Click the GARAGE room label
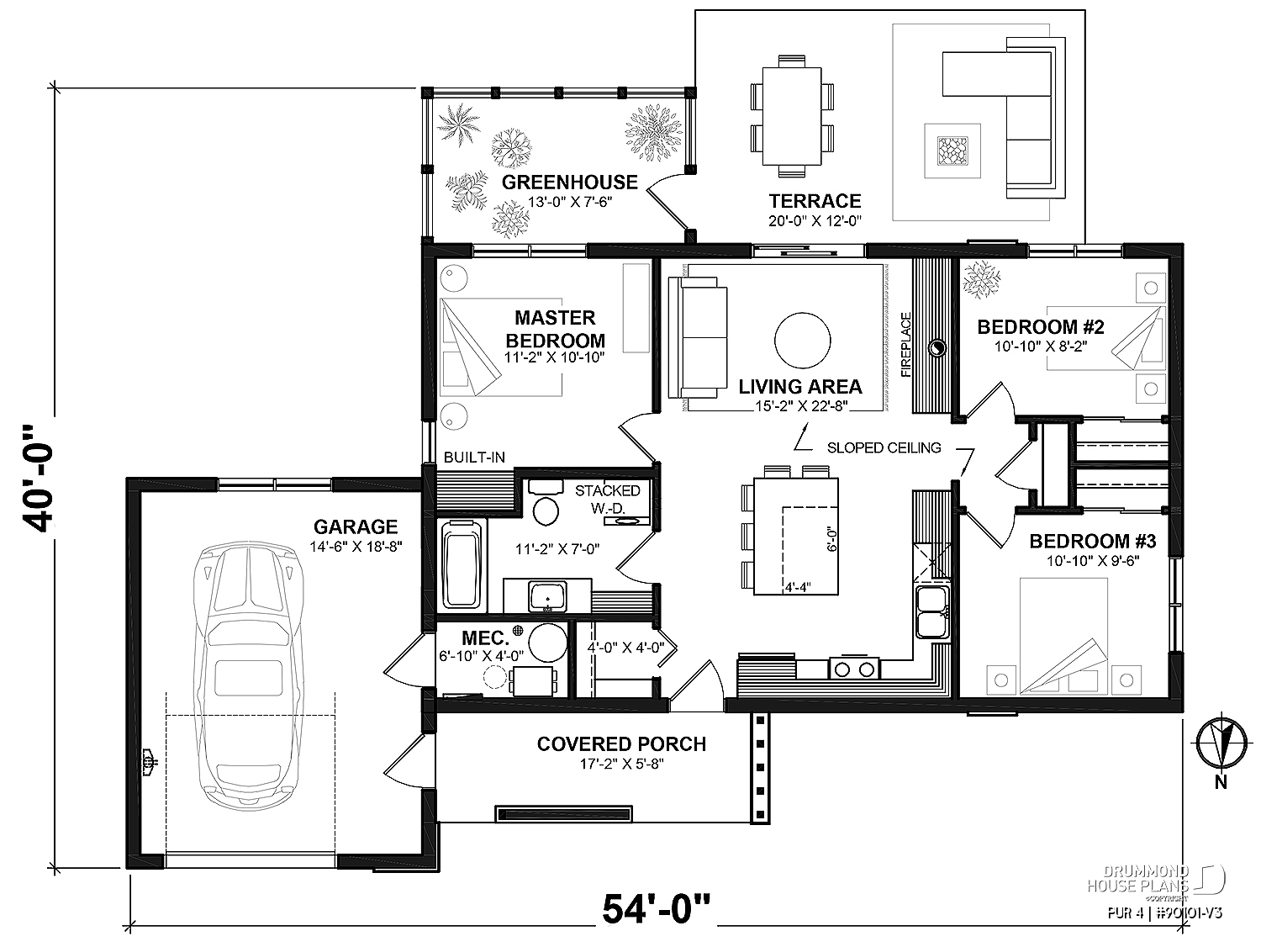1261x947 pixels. tap(355, 527)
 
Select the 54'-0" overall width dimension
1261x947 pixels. tap(656, 909)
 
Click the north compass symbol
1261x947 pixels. tap(1219, 743)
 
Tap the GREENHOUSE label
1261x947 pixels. tap(569, 183)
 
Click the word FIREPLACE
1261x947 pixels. tap(905, 345)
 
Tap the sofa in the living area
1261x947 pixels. tap(697, 338)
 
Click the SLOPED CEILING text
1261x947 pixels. tap(884, 448)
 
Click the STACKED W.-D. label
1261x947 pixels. tap(607, 498)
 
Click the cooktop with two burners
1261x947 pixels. tap(854, 669)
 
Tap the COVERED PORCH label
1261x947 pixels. tap(621, 744)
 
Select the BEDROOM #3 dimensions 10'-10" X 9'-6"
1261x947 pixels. tap(1092, 562)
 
